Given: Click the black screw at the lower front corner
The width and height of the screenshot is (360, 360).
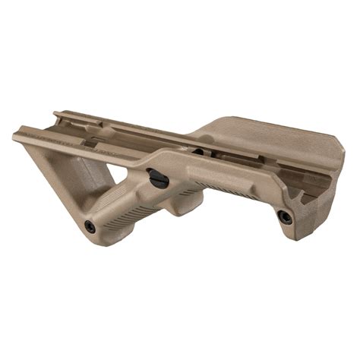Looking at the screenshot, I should click(x=90, y=226).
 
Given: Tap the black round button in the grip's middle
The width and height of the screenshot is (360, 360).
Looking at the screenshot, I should click(x=158, y=179).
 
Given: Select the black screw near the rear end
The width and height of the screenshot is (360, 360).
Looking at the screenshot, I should click(x=285, y=217).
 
